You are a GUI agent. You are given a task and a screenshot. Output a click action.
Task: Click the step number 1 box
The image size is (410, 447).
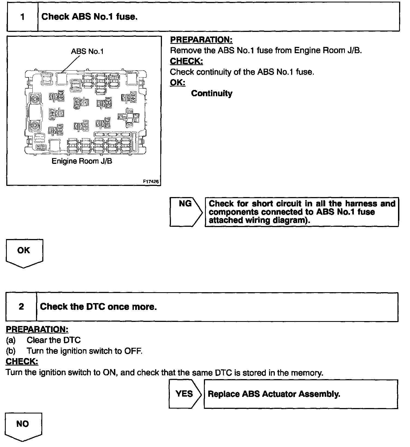click(x=22, y=17)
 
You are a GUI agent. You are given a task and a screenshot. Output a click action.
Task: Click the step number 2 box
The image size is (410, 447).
click(x=21, y=307)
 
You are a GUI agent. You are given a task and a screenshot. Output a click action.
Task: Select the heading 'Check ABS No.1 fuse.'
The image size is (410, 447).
click(x=89, y=17)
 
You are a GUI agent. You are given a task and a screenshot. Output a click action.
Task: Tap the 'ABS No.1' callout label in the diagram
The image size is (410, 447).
click(x=87, y=51)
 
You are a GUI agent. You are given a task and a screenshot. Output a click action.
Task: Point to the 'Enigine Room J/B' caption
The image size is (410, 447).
click(x=82, y=161)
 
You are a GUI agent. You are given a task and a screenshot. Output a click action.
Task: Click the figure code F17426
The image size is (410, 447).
click(x=151, y=182)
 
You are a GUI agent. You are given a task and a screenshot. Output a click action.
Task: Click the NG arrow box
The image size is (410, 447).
click(x=185, y=212)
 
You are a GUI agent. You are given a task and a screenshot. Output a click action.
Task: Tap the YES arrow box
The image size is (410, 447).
click(x=184, y=394)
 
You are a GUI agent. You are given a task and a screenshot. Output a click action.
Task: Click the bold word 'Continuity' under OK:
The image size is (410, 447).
click(x=212, y=93)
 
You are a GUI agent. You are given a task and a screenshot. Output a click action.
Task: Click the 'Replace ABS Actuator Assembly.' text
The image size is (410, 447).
click(x=274, y=394)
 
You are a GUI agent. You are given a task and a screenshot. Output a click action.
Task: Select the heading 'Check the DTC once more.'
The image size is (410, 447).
click(x=98, y=307)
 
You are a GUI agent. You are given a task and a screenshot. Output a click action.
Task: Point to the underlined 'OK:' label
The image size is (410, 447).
click(x=177, y=83)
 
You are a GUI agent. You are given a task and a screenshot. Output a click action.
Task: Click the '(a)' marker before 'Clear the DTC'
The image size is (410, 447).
click(x=11, y=340)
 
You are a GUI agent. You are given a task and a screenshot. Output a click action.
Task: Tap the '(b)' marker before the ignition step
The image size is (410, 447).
click(x=11, y=351)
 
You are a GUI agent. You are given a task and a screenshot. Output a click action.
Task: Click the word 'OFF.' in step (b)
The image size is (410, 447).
click(x=133, y=351)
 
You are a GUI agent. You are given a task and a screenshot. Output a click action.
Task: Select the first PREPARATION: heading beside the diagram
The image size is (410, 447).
click(x=201, y=40)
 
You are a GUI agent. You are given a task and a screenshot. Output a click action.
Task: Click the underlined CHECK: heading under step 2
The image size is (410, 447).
click(x=22, y=362)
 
